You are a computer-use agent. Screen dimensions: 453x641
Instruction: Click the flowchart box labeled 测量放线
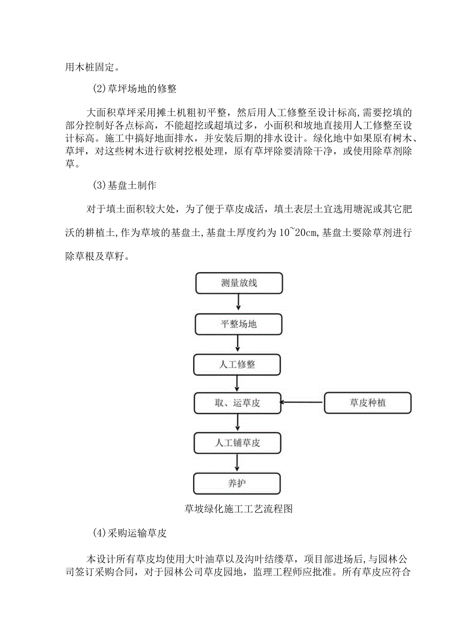pyautogui.click(x=239, y=283)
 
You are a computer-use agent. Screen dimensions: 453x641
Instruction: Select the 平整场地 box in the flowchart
pyautogui.click(x=239, y=324)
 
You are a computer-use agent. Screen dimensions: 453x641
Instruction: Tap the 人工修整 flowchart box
pyautogui.click(x=238, y=365)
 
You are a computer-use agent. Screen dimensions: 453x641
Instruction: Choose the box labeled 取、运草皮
pyautogui.click(x=238, y=403)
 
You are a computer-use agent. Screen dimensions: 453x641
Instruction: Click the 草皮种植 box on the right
pyautogui.click(x=367, y=403)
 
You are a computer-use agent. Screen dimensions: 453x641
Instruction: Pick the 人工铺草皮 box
pyautogui.click(x=238, y=442)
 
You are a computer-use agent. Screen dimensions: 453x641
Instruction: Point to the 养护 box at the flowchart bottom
pyautogui.click(x=237, y=483)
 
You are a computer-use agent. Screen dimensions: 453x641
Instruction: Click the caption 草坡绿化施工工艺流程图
pyautogui.click(x=238, y=509)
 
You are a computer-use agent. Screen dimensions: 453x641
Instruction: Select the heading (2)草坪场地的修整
pyautogui.click(x=135, y=89)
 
